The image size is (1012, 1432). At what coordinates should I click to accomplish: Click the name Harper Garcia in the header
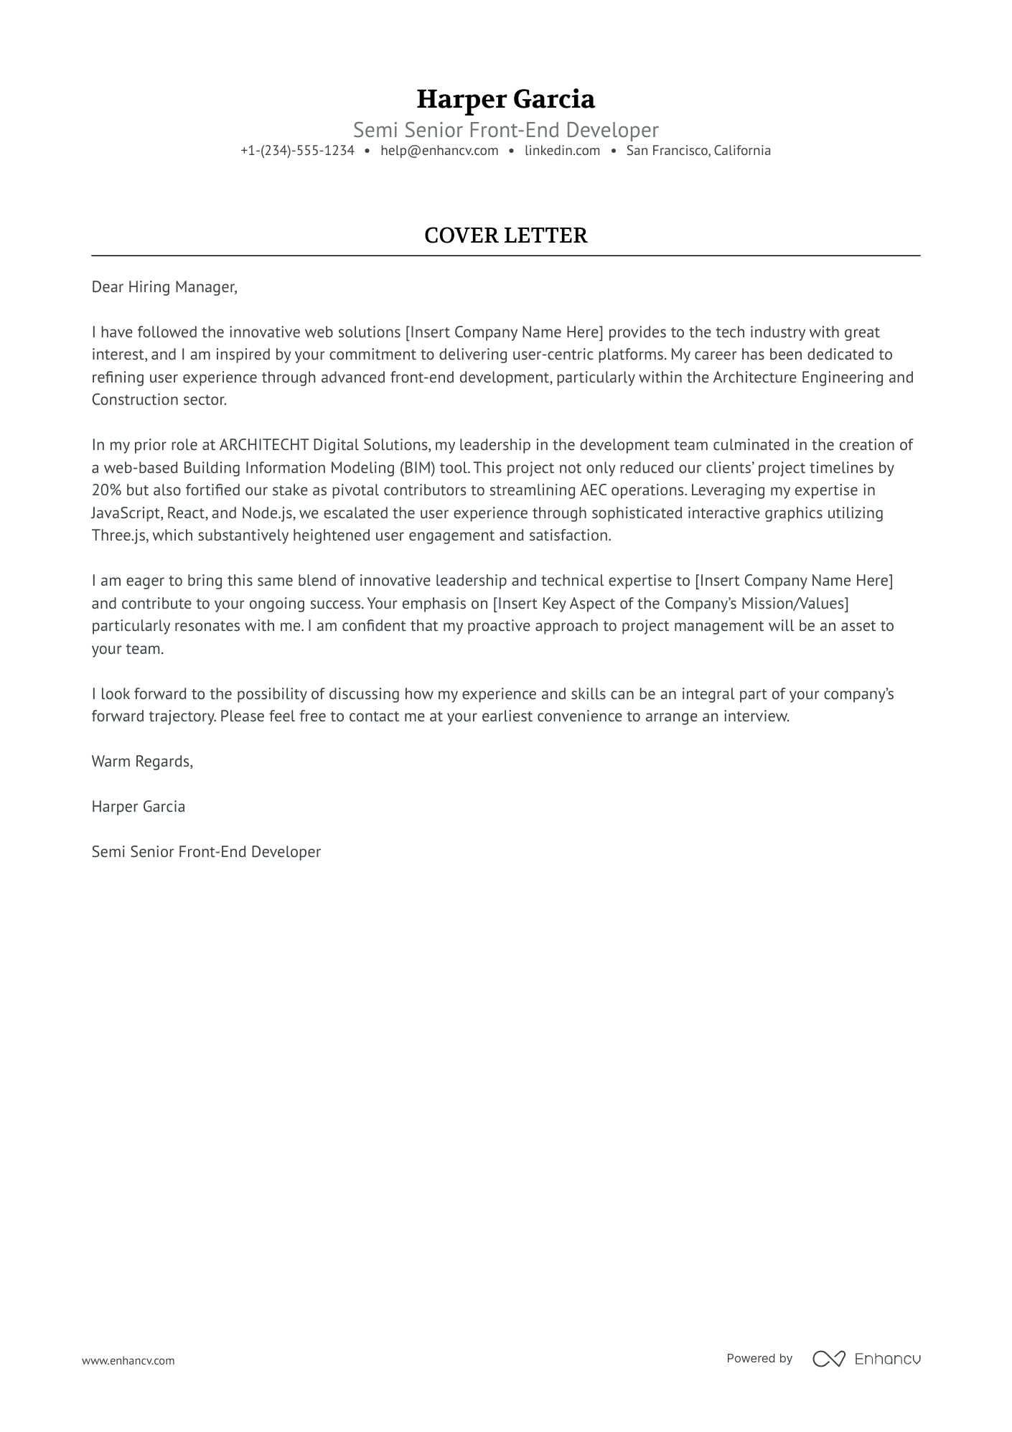pos(505,99)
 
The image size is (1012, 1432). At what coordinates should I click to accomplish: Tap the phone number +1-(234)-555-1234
pos(297,151)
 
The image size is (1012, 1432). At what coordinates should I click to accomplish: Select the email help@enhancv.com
pos(439,151)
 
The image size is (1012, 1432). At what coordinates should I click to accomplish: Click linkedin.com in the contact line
pos(562,151)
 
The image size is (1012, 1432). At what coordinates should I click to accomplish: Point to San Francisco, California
pos(698,151)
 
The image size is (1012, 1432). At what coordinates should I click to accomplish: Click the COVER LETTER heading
pos(505,235)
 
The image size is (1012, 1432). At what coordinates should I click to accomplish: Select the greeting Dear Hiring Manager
pos(164,287)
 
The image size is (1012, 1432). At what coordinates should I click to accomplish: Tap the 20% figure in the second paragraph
pos(106,490)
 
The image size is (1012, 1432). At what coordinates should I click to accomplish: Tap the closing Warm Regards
pos(142,762)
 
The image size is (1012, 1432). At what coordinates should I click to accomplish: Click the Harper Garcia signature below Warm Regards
pos(138,807)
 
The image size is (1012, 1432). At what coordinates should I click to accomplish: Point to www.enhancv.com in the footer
pos(128,1360)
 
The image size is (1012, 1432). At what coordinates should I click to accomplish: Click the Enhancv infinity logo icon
pos(829,1359)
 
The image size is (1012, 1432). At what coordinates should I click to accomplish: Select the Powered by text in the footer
pos(759,1358)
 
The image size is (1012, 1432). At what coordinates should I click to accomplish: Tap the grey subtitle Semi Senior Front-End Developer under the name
pos(505,130)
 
